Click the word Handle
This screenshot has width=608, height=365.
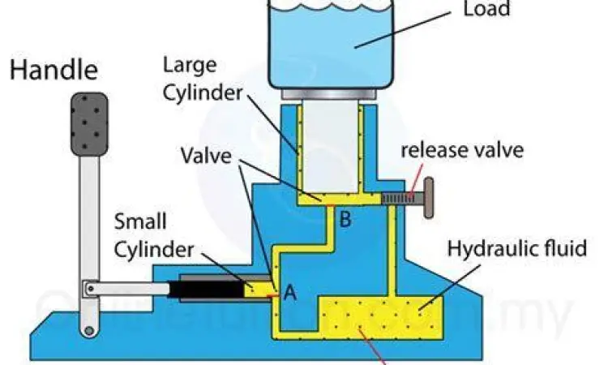point(53,71)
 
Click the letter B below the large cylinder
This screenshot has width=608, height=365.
point(345,219)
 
